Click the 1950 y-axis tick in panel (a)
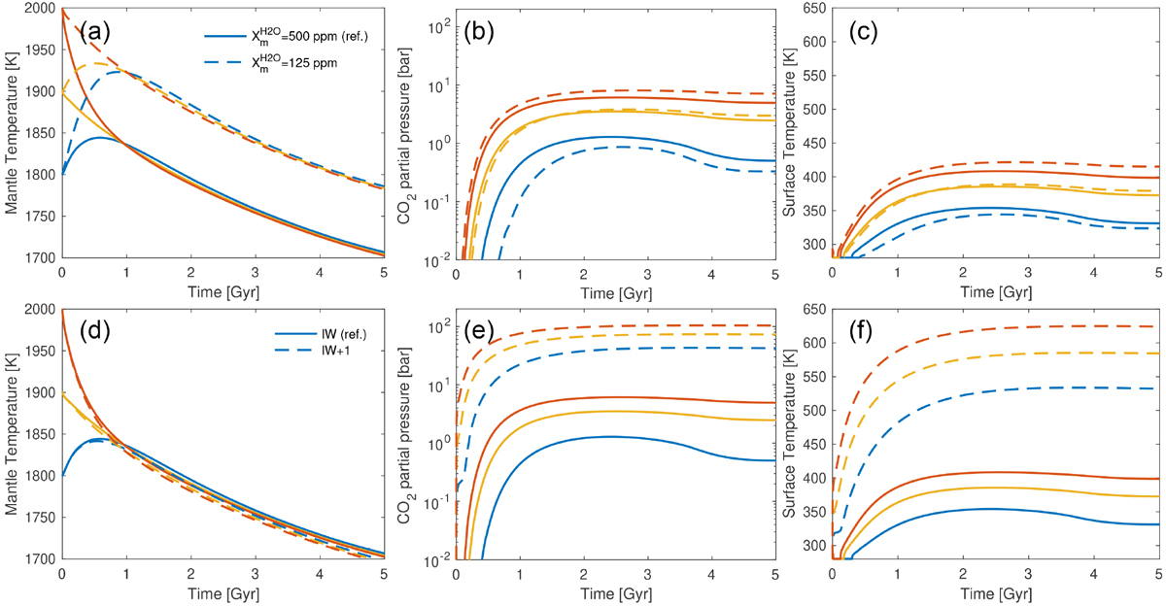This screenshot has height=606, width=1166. click(x=38, y=57)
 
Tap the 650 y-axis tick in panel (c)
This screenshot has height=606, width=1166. click(x=811, y=9)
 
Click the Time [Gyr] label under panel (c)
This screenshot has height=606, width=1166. click(x=997, y=290)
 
